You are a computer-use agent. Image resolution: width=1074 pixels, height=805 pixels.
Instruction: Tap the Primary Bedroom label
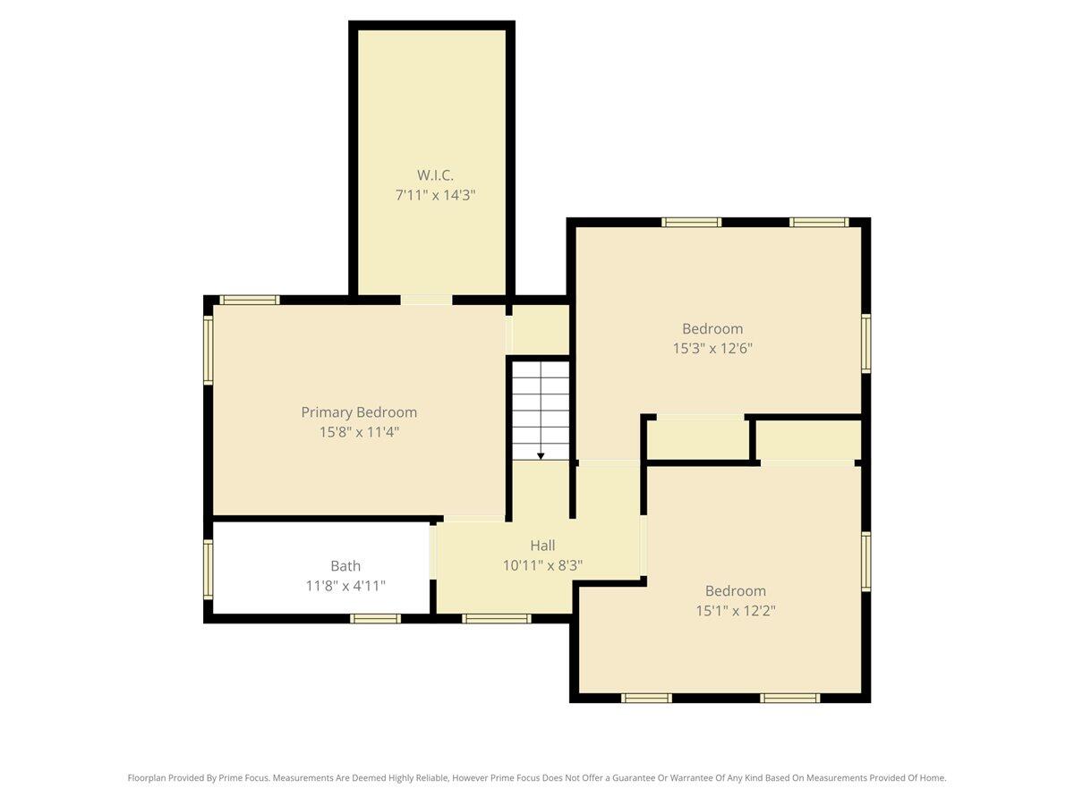tap(359, 412)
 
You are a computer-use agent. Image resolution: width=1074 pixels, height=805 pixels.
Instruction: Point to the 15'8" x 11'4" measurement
tap(359, 432)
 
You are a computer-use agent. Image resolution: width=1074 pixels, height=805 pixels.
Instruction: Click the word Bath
tap(345, 566)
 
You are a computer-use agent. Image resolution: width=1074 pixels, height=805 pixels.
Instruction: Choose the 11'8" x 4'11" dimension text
tap(345, 586)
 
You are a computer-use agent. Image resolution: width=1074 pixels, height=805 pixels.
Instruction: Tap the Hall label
tap(542, 546)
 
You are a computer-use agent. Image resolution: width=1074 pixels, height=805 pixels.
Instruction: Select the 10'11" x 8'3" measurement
tap(542, 565)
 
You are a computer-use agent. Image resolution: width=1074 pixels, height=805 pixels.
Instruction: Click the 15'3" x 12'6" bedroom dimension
tap(712, 348)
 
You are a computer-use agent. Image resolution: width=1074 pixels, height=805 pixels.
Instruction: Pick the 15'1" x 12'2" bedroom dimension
tap(736, 611)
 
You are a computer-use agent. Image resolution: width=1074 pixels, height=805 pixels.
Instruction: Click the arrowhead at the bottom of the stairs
tap(541, 455)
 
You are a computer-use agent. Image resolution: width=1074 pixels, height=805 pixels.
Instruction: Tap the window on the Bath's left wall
tap(209, 569)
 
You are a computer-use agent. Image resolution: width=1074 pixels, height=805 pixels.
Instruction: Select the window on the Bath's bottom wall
tap(374, 618)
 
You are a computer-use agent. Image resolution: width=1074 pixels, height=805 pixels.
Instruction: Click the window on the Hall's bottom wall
tap(497, 618)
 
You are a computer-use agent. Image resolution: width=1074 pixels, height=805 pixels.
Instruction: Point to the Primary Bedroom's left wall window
tap(209, 350)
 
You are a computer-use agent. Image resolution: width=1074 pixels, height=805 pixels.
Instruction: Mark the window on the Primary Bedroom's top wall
tap(250, 300)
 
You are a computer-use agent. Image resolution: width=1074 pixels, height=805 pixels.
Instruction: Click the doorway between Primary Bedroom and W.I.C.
tap(426, 300)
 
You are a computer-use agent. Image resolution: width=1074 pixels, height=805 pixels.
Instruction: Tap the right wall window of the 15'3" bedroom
tap(865, 343)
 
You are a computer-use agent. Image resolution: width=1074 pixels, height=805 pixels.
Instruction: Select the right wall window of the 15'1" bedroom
tap(865, 562)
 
